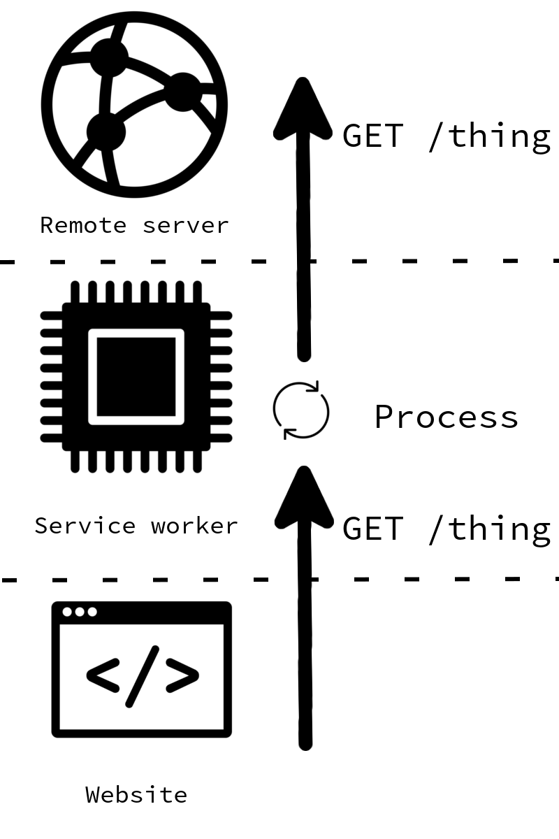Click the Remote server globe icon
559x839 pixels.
click(134, 104)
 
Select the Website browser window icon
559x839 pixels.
click(141, 669)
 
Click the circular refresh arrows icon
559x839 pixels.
click(300, 410)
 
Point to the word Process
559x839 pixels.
click(447, 417)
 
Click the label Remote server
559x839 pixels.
click(134, 225)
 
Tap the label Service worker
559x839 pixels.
click(136, 525)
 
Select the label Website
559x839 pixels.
click(136, 794)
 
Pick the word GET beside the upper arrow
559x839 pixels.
click(372, 135)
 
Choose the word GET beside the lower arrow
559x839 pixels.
click(372, 528)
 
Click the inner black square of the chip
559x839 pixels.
click(136, 376)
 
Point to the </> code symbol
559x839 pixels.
click(142, 675)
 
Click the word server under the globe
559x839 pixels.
click(185, 225)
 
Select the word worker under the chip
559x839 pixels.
click(194, 525)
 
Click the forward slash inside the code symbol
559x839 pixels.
click(142, 675)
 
